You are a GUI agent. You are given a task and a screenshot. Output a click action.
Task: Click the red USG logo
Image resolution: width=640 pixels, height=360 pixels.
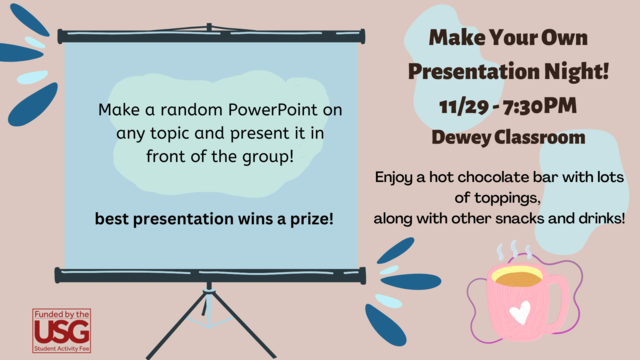pyautogui.click(x=61, y=329)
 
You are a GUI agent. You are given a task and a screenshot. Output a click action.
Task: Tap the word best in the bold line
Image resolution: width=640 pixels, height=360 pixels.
pyautogui.click(x=111, y=216)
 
